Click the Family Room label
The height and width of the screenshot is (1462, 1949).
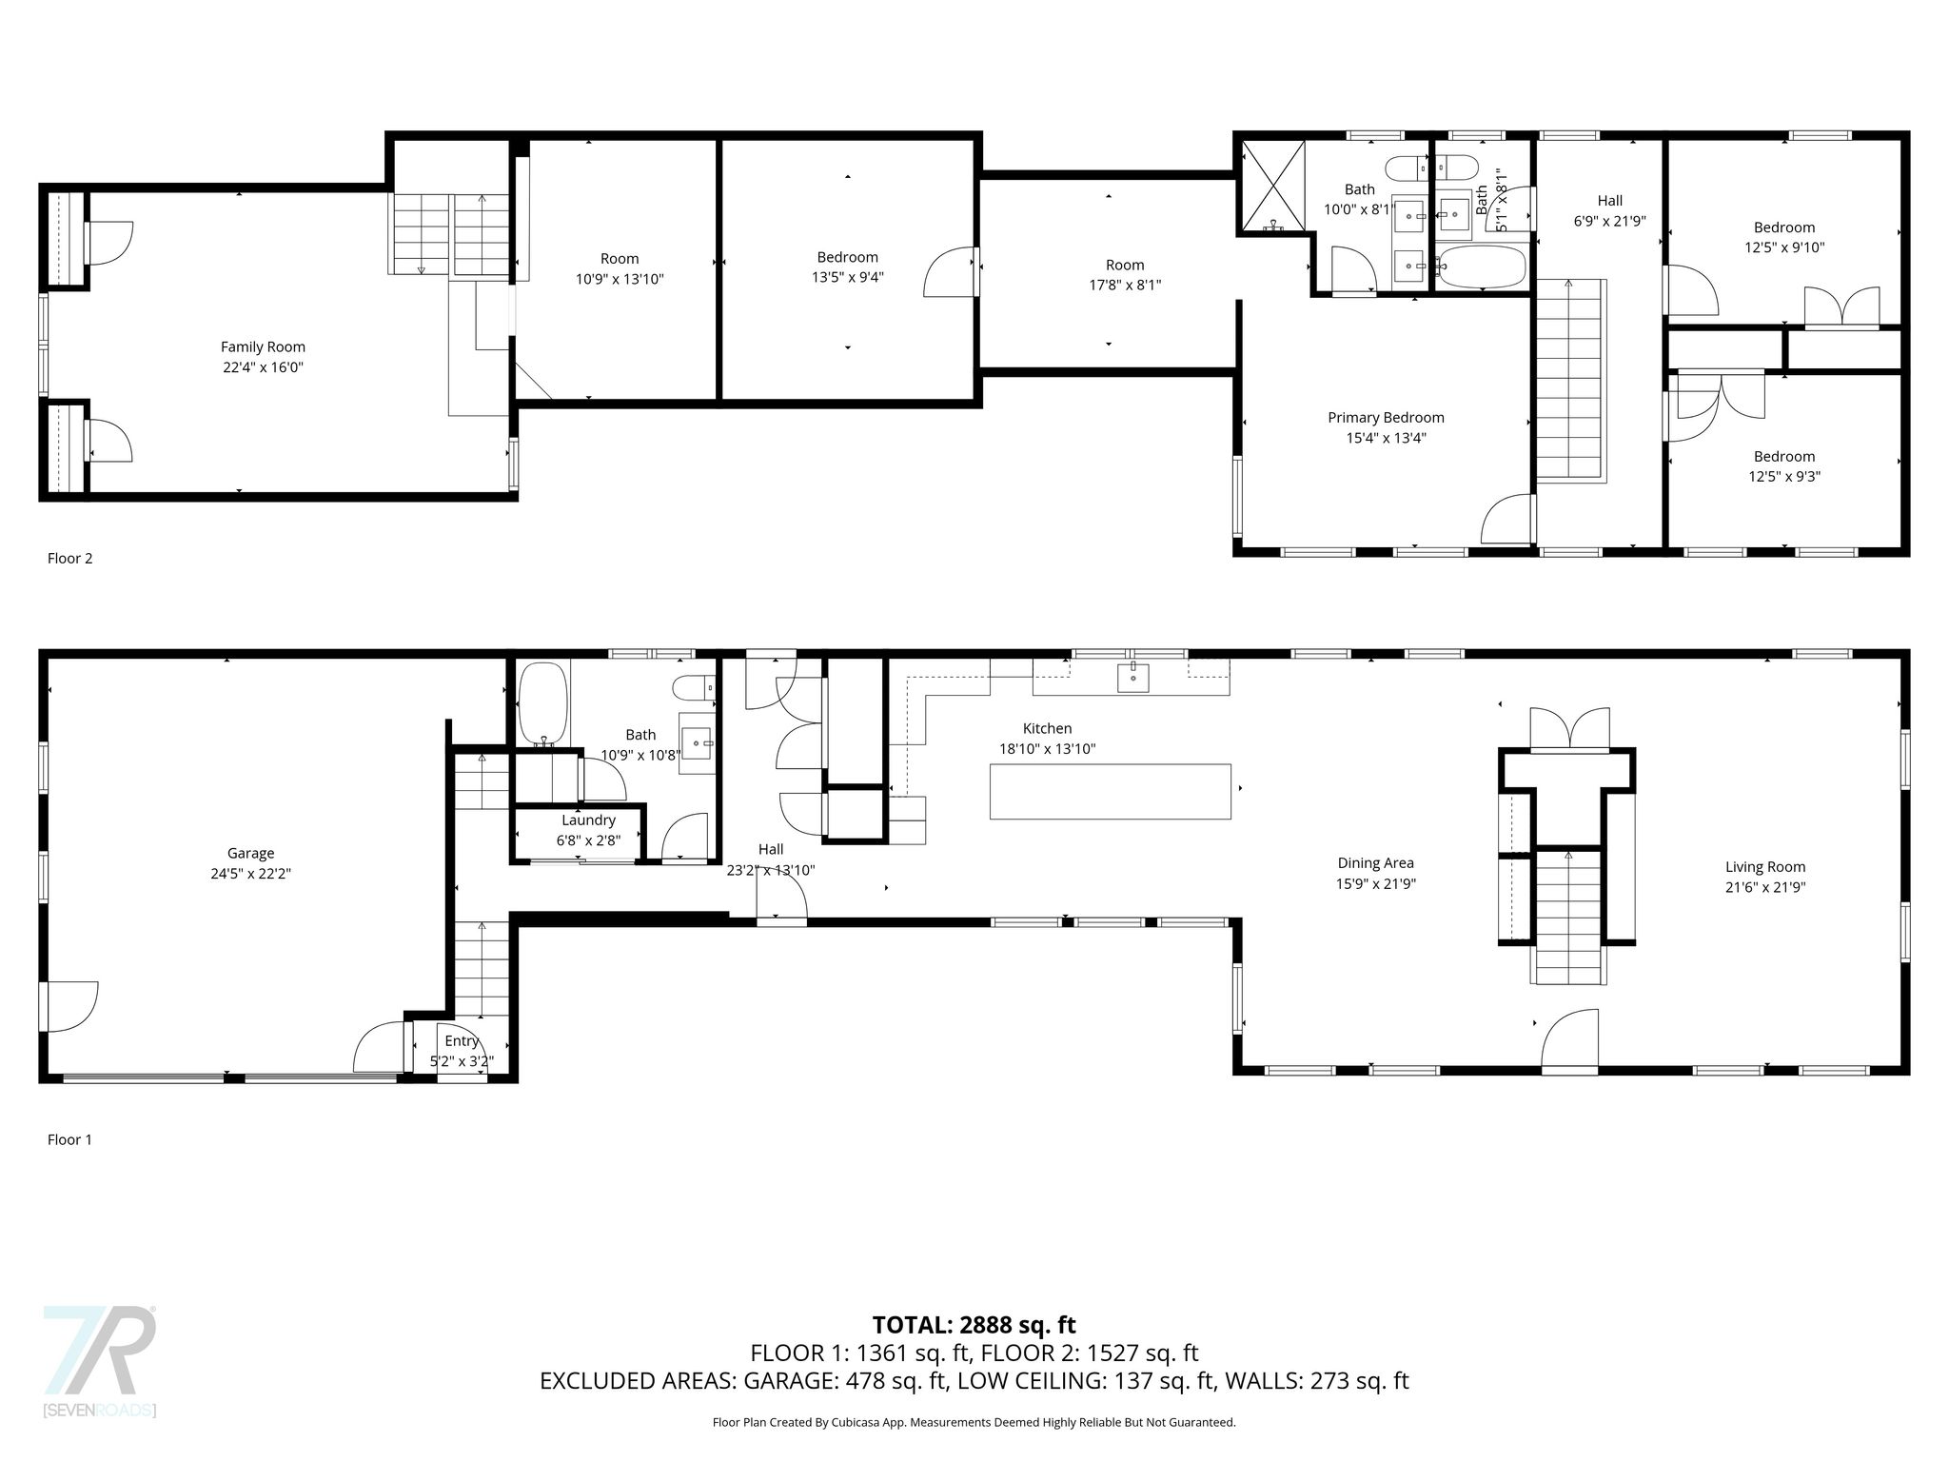(x=263, y=347)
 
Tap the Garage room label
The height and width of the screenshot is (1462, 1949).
(x=250, y=854)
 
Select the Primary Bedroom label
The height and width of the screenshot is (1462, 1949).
(x=1386, y=418)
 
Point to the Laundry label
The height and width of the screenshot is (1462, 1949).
(x=588, y=820)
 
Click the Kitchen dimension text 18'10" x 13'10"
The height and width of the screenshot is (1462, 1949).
(x=1047, y=749)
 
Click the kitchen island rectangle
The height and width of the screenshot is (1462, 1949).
(x=1111, y=791)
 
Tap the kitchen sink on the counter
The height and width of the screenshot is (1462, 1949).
(x=1132, y=678)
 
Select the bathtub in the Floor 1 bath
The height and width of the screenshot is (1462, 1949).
(x=542, y=703)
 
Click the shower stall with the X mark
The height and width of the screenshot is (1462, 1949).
(x=1273, y=186)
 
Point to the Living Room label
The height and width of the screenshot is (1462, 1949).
(x=1765, y=867)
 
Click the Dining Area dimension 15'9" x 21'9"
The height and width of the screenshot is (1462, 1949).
(x=1375, y=884)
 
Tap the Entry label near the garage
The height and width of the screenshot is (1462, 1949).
(x=462, y=1041)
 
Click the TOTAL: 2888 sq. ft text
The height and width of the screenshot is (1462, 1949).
(x=974, y=1325)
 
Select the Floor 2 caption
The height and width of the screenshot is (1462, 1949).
(x=70, y=559)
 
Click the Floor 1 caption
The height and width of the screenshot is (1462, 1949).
(x=70, y=1139)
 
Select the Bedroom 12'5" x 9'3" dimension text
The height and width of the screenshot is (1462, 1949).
(x=1784, y=477)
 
